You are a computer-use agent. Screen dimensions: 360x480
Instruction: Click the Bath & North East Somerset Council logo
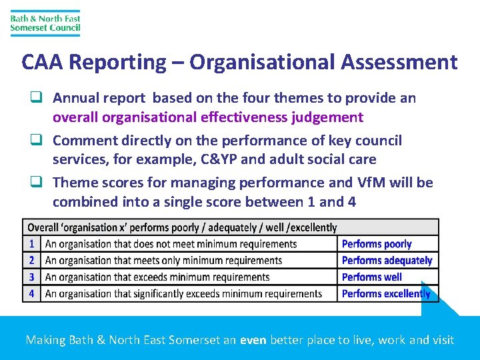point(45,23)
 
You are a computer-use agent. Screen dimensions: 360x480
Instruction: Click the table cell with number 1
point(31,244)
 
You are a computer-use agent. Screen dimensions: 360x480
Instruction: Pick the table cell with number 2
point(31,260)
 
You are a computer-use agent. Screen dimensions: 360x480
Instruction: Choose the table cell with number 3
point(31,277)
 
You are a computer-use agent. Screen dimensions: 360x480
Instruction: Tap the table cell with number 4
point(31,293)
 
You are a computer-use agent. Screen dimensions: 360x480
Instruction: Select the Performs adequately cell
point(387,260)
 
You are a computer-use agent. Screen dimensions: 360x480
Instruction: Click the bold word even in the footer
point(253,340)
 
